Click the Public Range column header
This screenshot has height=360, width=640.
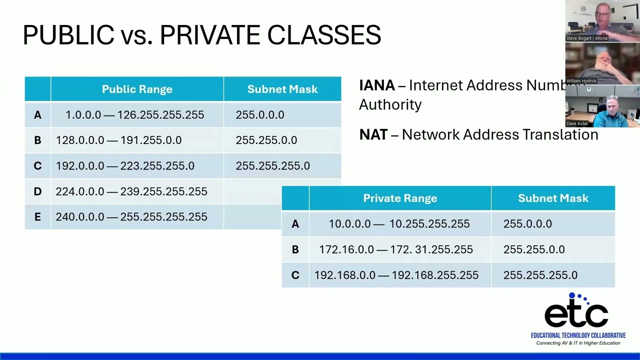pyautogui.click(x=137, y=89)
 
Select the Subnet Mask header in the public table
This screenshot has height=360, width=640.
pyautogui.click(x=282, y=89)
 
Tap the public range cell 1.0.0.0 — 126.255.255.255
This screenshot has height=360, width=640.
pyautogui.click(x=135, y=115)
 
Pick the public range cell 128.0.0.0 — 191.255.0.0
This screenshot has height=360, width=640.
pyautogui.click(x=119, y=140)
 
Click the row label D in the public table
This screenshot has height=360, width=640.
pyautogui.click(x=37, y=191)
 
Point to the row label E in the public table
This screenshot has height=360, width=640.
pyautogui.click(x=37, y=217)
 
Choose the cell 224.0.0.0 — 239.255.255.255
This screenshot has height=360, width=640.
pyautogui.click(x=131, y=191)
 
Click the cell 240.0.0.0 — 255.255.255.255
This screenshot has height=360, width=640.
pyautogui.click(x=131, y=217)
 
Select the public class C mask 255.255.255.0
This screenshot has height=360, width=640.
pyautogui.click(x=273, y=166)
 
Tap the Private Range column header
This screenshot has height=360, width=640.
pyautogui.click(x=400, y=198)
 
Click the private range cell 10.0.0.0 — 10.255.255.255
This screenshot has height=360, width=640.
pyautogui.click(x=399, y=224)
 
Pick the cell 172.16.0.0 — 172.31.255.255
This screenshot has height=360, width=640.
pyautogui.click(x=396, y=249)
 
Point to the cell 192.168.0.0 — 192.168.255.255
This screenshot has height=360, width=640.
pyautogui.click(x=396, y=275)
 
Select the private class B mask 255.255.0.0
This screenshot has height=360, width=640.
pyautogui.click(x=534, y=249)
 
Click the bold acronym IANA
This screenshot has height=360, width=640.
pyautogui.click(x=377, y=85)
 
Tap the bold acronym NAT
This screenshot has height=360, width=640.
pyautogui.click(x=373, y=134)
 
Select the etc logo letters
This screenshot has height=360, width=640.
pyautogui.click(x=576, y=315)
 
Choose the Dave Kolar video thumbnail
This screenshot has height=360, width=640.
pyautogui.click(x=602, y=106)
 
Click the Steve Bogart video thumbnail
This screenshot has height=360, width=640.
pyautogui.click(x=602, y=21)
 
